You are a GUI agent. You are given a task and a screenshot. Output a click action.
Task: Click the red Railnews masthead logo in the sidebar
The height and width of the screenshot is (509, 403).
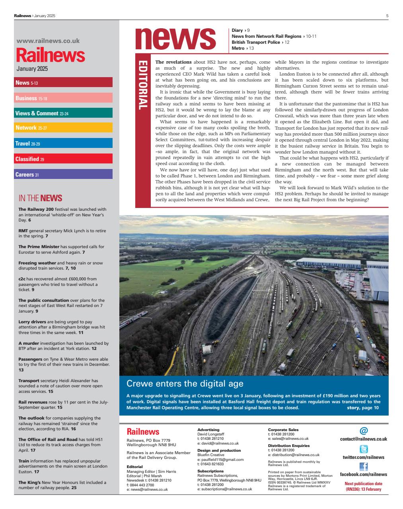(51, 55)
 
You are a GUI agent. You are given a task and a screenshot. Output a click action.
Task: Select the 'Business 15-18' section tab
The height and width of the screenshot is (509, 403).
(31, 98)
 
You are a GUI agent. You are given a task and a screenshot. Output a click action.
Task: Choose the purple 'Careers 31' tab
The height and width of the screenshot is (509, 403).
(27, 175)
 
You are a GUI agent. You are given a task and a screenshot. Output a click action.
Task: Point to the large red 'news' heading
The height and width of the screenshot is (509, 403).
(175, 39)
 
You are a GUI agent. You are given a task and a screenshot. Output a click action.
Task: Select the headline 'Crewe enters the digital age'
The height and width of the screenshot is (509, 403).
(185, 384)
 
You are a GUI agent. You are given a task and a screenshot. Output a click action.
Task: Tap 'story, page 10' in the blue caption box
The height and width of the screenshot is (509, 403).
(362, 408)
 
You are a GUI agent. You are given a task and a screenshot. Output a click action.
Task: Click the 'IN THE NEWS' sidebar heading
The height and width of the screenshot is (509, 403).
(40, 198)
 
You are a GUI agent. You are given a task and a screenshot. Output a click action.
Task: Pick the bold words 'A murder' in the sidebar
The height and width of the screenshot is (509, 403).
(29, 343)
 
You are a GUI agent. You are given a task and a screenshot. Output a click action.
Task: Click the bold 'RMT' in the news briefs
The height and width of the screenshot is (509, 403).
(23, 231)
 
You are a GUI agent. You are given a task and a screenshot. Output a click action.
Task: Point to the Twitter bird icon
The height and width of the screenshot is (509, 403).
(363, 449)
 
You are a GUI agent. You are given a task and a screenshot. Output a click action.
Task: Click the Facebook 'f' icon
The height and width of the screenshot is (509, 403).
(363, 466)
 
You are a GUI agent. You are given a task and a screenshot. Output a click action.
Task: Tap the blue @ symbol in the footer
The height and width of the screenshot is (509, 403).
(363, 431)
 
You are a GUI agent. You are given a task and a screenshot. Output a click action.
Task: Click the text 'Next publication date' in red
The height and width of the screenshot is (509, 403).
(363, 484)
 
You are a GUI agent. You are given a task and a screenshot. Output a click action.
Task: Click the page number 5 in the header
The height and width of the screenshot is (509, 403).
(387, 16)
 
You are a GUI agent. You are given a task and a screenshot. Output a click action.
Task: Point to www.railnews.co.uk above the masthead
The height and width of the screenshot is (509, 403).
(48, 41)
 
